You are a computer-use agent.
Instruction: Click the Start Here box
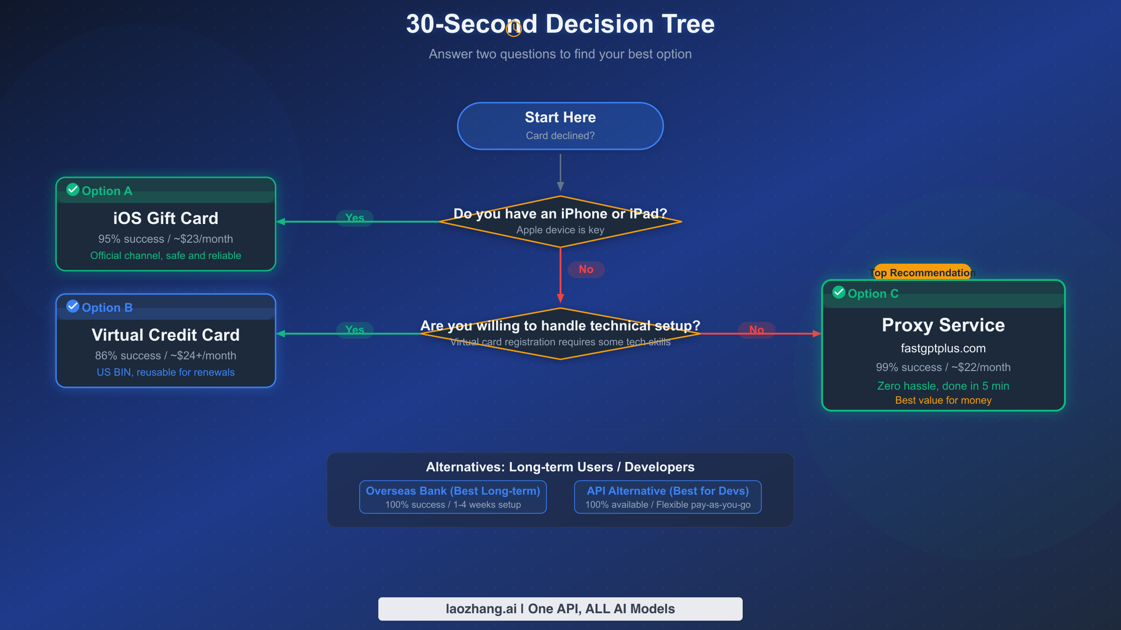click(x=560, y=126)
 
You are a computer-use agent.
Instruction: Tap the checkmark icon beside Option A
click(x=73, y=189)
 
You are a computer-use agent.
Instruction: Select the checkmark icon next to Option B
click(x=73, y=306)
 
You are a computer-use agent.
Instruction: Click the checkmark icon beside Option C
click(x=839, y=292)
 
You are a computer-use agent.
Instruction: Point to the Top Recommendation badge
click(x=922, y=273)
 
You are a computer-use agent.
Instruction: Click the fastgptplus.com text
click(x=943, y=349)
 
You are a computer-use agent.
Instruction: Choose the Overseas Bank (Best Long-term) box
click(x=453, y=497)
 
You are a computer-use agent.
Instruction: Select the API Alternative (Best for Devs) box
click(x=667, y=497)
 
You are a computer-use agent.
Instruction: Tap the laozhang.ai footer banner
click(x=560, y=609)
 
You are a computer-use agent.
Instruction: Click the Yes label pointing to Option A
click(x=355, y=218)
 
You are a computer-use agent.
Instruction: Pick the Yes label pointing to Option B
click(x=355, y=330)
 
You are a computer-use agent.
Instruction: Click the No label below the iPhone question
click(x=586, y=269)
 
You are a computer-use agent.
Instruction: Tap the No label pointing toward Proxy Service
click(x=756, y=330)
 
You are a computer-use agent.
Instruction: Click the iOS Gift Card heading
click(x=165, y=218)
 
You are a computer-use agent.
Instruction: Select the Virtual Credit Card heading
click(x=165, y=335)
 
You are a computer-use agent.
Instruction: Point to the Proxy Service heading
click(x=943, y=325)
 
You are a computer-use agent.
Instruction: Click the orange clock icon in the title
click(x=514, y=29)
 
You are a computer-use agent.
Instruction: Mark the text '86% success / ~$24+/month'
click(x=165, y=356)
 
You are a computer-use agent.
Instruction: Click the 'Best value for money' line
click(x=943, y=400)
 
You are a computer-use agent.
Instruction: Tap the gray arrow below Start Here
click(x=560, y=173)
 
